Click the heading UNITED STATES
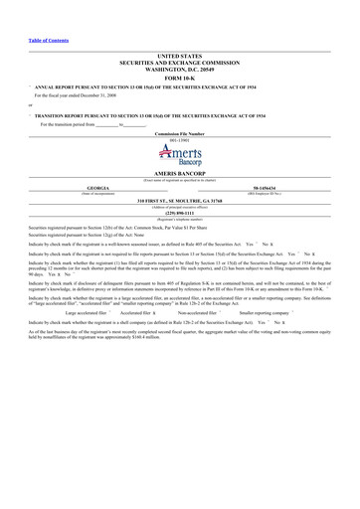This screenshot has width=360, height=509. (x=180, y=59)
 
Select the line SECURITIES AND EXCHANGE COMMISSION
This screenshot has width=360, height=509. (x=180, y=65)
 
